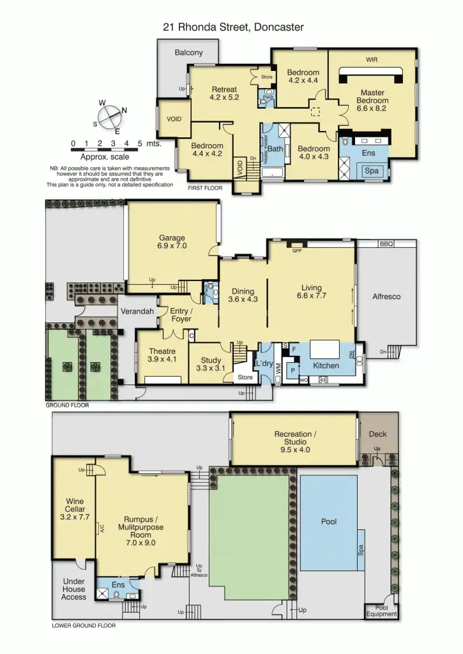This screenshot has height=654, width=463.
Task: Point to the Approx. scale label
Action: coord(105,156)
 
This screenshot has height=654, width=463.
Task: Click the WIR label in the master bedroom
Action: coord(372,59)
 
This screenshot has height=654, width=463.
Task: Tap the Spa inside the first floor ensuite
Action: coord(371,171)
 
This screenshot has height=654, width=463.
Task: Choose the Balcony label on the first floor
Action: coord(188,52)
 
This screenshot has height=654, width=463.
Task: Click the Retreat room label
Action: coord(224,93)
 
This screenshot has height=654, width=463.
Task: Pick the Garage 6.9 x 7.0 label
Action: coord(172,241)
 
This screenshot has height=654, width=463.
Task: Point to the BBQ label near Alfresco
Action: coord(386,244)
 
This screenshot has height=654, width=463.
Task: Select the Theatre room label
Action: coord(162,355)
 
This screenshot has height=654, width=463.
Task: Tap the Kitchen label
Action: coord(326,366)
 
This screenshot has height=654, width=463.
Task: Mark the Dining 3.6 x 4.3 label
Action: coord(243,294)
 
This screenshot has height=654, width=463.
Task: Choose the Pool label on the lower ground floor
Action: coord(328,522)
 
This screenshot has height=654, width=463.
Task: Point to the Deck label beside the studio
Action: coord(377,434)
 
